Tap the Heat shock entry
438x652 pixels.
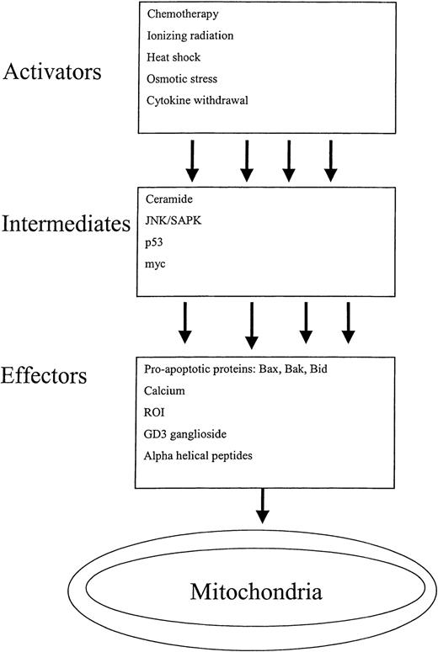(x=170, y=58)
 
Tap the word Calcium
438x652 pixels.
(x=166, y=392)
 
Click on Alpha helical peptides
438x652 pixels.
(x=197, y=456)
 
